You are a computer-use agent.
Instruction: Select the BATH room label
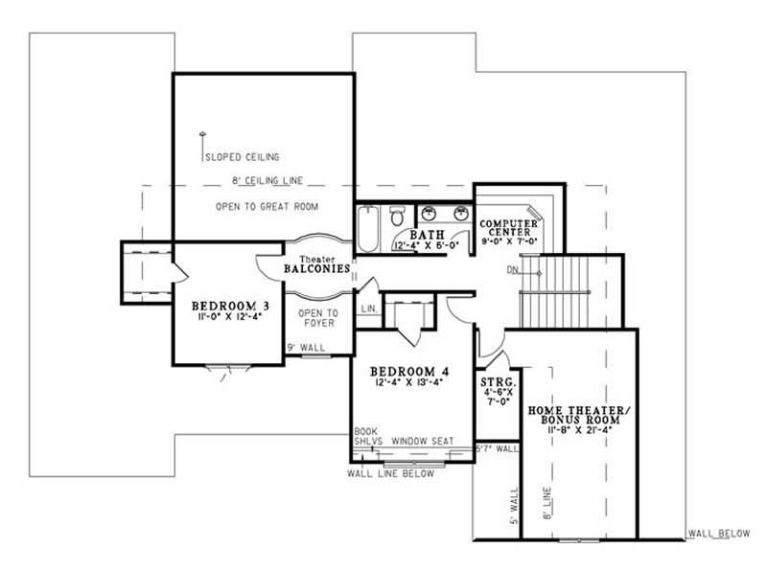pyautogui.click(x=426, y=235)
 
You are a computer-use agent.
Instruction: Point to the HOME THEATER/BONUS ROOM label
pyautogui.click(x=579, y=416)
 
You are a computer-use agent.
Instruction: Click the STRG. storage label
pyautogui.click(x=498, y=382)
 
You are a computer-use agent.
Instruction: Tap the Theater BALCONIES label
pyautogui.click(x=316, y=269)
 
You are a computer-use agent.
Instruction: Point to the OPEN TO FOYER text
pyautogui.click(x=317, y=318)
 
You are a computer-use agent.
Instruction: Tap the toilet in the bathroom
pyautogui.click(x=397, y=218)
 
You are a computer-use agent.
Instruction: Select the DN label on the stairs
pyautogui.click(x=514, y=270)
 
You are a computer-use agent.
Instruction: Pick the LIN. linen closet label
pyautogui.click(x=368, y=308)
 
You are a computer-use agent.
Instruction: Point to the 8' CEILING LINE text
pyautogui.click(x=265, y=180)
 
